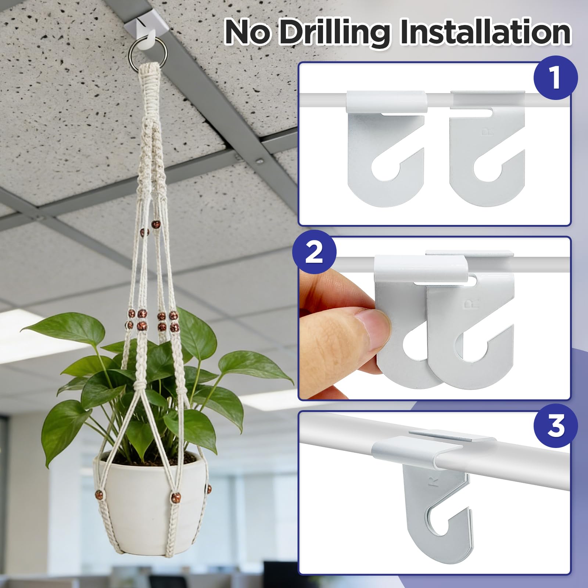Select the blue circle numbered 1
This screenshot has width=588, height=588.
pos(555,78)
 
